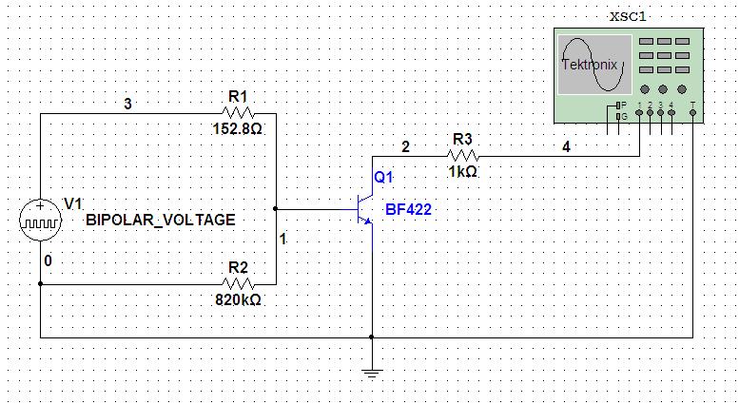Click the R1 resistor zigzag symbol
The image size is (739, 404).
point(238,113)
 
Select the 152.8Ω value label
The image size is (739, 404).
point(237,128)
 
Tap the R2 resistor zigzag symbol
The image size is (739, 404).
point(238,284)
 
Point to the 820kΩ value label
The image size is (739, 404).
point(238,299)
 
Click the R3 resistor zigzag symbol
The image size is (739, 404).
point(463,156)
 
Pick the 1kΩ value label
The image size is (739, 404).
point(462,172)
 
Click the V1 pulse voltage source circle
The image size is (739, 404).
point(40,220)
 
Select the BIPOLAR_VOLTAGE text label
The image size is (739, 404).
point(160,220)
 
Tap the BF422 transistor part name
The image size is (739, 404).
point(408,209)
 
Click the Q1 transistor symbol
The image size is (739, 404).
point(366,209)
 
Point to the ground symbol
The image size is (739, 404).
point(371,374)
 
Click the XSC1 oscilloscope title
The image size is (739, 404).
point(628,16)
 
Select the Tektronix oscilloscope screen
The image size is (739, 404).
point(594,65)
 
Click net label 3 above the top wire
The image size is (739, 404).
point(127,104)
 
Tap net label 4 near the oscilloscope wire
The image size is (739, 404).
point(566,147)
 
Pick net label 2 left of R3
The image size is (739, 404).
point(405,147)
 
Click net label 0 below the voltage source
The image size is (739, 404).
point(48,260)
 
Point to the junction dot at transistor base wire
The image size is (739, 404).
point(275,208)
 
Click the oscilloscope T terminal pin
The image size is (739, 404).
point(692,112)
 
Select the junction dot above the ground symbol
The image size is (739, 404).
point(371,337)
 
